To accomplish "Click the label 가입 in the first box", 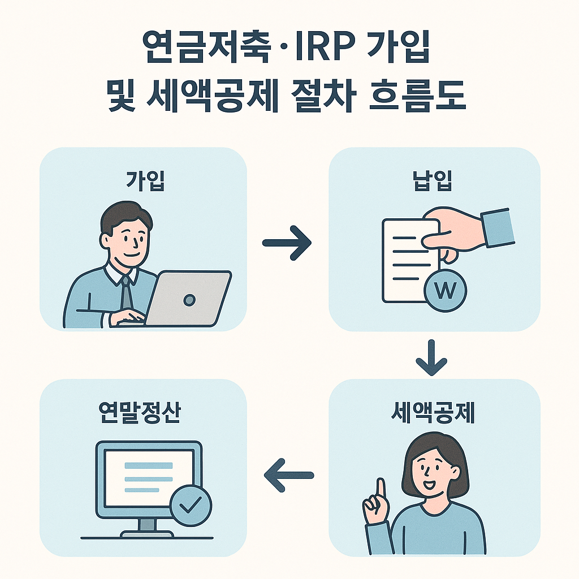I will click(x=145, y=182).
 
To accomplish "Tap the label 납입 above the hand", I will click(x=434, y=182).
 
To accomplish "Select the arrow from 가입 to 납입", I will click(x=287, y=243).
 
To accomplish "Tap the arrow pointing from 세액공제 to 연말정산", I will click(x=288, y=474).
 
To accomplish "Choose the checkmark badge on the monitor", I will click(x=191, y=504).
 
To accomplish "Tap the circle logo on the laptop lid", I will click(x=190, y=300).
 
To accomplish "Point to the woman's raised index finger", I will click(x=381, y=488).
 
